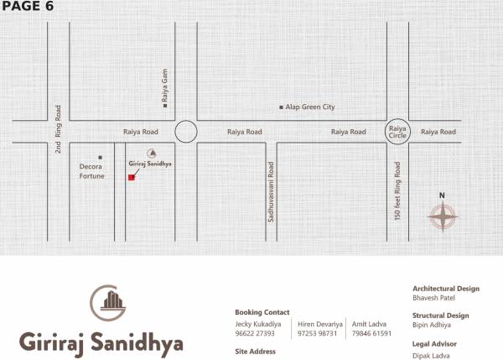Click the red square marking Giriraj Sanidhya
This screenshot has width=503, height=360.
tap(132, 177)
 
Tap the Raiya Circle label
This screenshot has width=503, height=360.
tap(397, 132)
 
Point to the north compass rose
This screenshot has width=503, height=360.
tap(443, 217)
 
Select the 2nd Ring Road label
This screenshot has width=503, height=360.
tap(59, 128)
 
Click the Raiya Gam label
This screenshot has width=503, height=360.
tap(166, 86)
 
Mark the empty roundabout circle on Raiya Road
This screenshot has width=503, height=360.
tap(185, 132)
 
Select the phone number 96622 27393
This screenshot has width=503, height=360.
tap(255, 333)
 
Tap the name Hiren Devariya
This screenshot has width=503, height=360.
tap(319, 322)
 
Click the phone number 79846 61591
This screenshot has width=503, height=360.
tap(371, 333)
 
